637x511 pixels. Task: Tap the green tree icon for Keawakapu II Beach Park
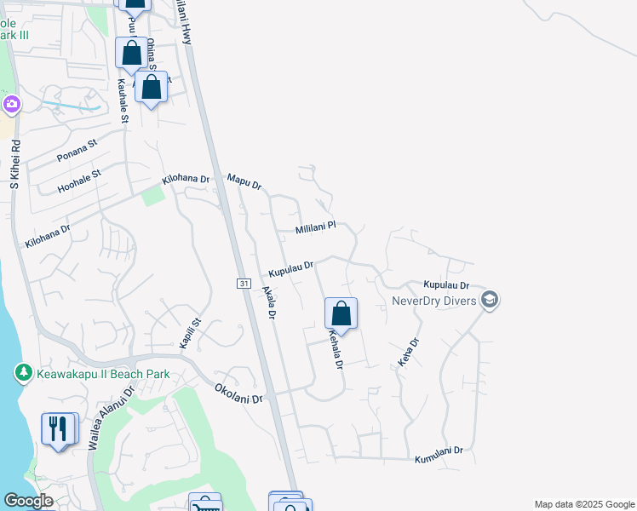point(23,373)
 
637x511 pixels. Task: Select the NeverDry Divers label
point(433,300)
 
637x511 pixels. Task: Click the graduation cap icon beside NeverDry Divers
point(489,299)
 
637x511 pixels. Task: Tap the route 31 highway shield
point(244,283)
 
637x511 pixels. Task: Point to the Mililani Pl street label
point(316,228)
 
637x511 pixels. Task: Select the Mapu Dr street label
point(244,181)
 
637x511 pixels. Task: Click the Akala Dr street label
point(267,301)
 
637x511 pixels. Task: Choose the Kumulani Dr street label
point(439,455)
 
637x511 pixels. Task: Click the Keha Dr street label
point(408,353)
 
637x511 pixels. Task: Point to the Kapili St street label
point(189,333)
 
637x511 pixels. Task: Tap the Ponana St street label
point(77,152)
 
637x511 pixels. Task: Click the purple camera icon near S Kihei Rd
point(12,105)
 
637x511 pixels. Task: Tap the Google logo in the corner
point(28,501)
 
